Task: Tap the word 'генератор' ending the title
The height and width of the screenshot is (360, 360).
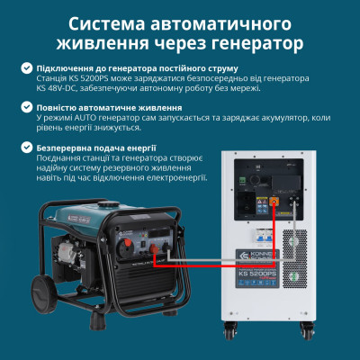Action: pos(257,40)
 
